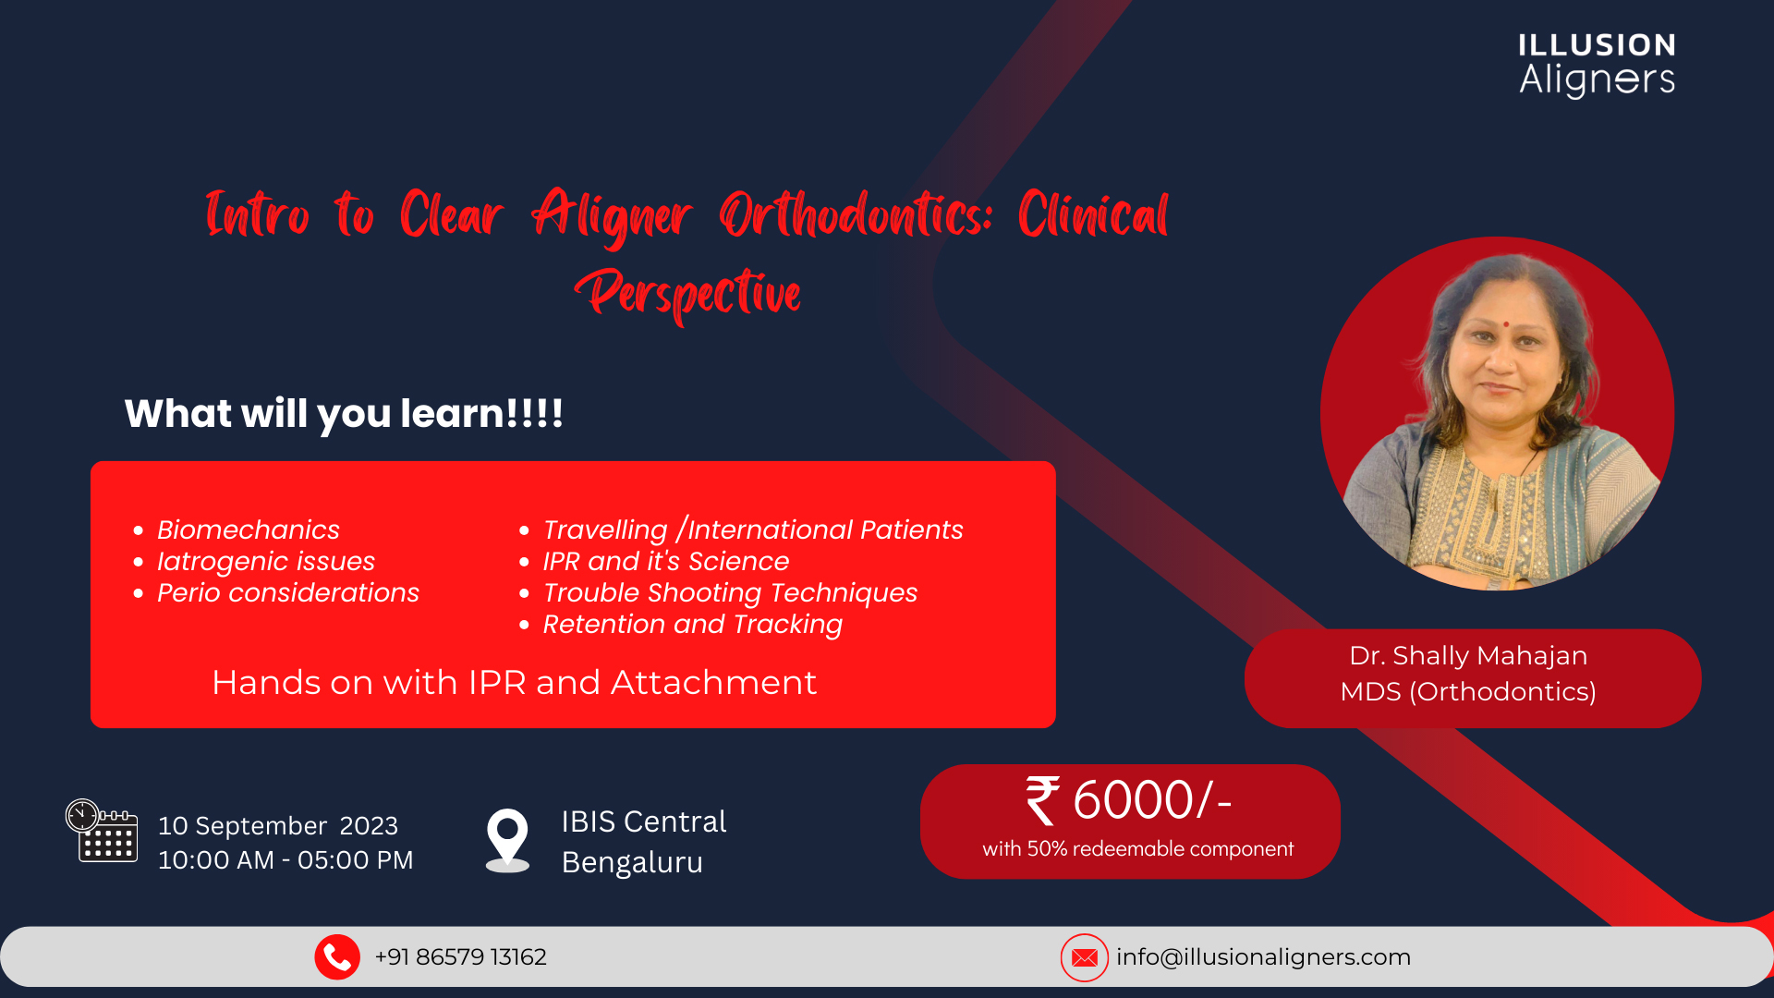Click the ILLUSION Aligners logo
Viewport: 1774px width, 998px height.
[1597, 65]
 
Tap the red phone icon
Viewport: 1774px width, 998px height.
[337, 957]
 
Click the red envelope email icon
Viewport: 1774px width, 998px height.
[1084, 957]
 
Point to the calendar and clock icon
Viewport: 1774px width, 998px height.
[102, 830]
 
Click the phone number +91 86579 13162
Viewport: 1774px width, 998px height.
[460, 957]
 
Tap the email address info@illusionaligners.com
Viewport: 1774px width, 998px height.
[1263, 957]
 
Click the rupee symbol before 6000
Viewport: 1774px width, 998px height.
[1042, 800]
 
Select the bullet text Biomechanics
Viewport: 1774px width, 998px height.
[249, 529]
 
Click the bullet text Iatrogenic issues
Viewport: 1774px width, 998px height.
[266, 561]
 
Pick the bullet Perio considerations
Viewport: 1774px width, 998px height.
[288, 592]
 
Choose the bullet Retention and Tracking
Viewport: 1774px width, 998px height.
[692, 625]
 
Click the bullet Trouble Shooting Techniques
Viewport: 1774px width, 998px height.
[730, 593]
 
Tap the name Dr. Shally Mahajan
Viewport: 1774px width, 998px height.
[1468, 655]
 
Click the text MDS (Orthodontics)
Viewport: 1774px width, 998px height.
[1468, 691]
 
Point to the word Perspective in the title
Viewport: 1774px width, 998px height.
[687, 294]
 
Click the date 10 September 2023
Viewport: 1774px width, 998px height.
[278, 825]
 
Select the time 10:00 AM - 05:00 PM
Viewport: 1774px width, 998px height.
[286, 860]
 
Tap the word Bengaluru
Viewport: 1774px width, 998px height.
[632, 862]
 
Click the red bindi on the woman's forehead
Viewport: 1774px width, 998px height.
[1505, 324]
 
